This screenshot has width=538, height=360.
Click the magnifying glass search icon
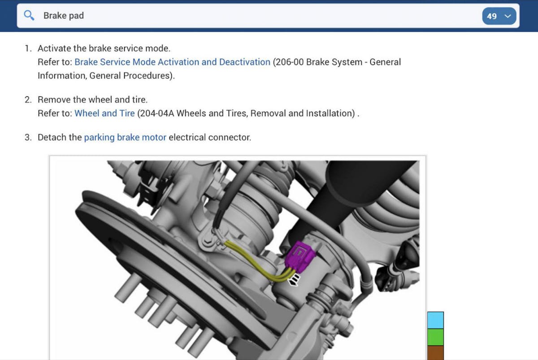click(x=29, y=16)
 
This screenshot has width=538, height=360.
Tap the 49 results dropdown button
click(x=499, y=16)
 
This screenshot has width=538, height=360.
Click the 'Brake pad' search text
click(x=64, y=16)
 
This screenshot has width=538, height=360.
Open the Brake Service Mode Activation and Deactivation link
click(x=173, y=62)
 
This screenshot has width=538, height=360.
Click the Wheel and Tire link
click(x=105, y=113)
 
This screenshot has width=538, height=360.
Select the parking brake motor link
click(x=125, y=137)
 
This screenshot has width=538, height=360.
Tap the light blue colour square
click(x=435, y=320)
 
